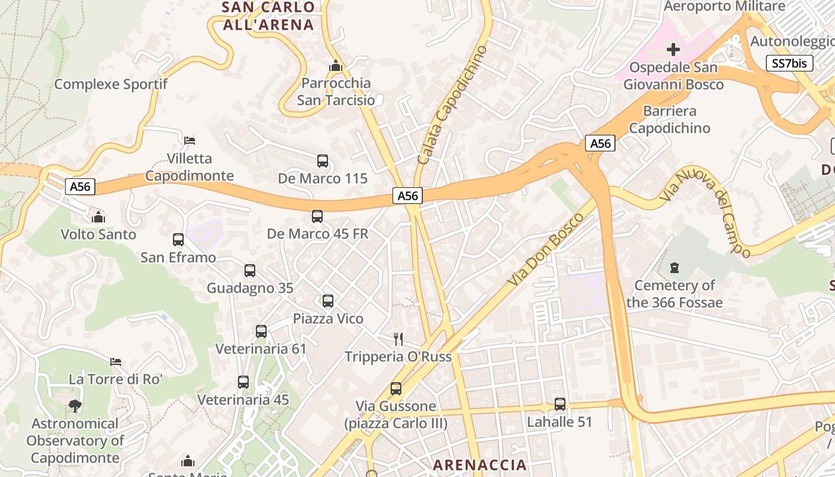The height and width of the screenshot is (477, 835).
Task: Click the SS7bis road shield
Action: pos(789,63)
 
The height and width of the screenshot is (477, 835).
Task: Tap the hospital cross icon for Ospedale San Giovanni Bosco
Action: pos(673,49)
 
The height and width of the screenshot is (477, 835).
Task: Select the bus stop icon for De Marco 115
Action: pos(323,160)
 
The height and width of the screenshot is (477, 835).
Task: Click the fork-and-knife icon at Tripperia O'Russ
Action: pos(398,339)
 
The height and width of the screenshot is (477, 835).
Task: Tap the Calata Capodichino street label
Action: pos(452,105)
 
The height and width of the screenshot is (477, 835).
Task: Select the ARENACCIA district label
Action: pos(480,464)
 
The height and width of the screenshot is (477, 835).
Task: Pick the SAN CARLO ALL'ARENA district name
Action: pos(268,16)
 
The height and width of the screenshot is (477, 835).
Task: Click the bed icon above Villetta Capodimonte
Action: pos(190,141)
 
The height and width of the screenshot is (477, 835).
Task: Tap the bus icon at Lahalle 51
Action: pos(559,404)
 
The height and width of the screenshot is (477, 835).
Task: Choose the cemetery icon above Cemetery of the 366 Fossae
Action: pos(675,267)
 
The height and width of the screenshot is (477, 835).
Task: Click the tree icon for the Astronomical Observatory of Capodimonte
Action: pos(75,406)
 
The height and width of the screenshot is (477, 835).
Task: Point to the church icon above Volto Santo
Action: pos(99,216)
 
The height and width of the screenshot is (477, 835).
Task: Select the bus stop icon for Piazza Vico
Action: pos(328,301)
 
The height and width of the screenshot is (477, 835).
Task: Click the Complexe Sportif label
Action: pos(111,84)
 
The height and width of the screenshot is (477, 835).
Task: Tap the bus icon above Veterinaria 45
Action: pos(243,382)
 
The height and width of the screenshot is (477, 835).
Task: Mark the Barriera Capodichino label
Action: pos(670,119)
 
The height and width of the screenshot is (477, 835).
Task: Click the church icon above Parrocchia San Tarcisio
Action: pos(336,65)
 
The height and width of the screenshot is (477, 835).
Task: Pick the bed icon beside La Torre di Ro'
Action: pos(116,361)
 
